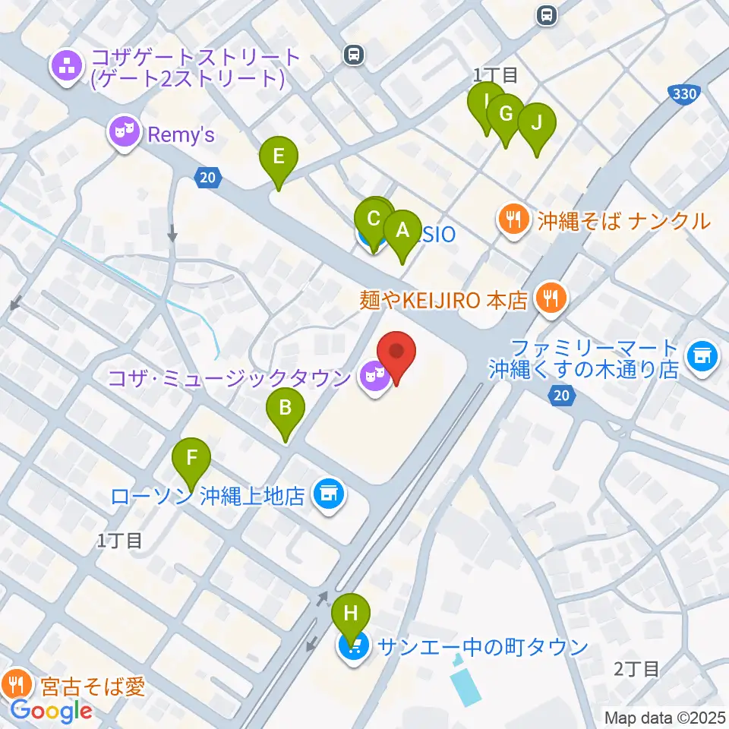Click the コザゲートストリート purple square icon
(x=68, y=67)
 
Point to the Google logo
(x=52, y=711)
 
